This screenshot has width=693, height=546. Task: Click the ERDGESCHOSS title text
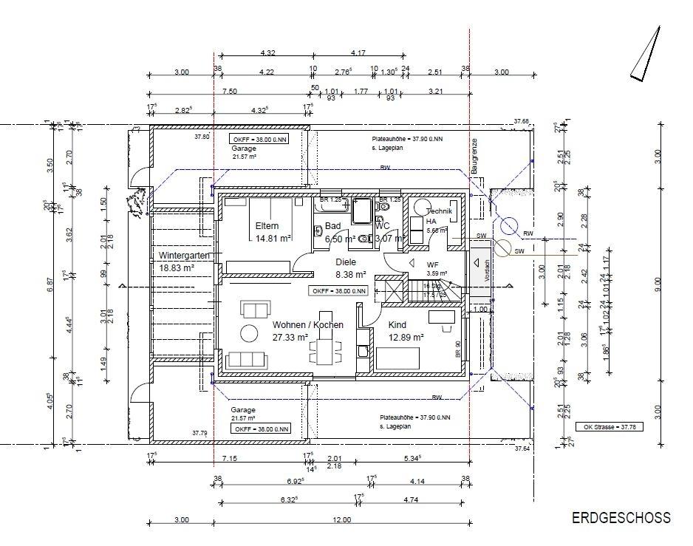click(621, 518)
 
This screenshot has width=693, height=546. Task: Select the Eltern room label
click(267, 226)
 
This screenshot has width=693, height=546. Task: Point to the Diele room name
click(346, 262)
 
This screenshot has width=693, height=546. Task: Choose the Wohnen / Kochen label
click(307, 325)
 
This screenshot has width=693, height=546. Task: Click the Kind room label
click(397, 325)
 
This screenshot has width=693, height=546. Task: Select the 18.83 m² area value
click(176, 268)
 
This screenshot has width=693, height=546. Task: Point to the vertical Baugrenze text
click(476, 156)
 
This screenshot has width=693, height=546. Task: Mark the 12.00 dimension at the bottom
click(341, 520)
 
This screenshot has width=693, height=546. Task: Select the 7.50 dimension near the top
click(229, 92)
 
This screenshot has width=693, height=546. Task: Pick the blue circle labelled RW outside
click(508, 227)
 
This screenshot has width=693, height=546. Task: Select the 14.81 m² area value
click(272, 239)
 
